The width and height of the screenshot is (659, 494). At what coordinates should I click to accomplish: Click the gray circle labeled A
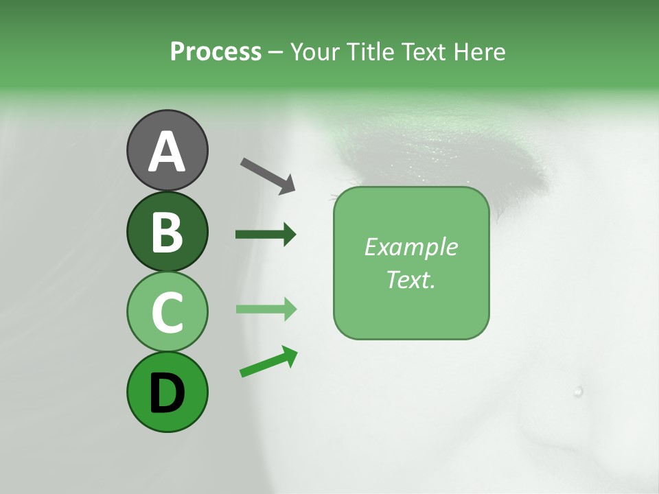tap(167, 150)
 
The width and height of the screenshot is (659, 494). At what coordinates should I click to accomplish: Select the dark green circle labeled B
tap(167, 231)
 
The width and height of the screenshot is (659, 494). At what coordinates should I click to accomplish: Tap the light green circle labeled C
tap(167, 311)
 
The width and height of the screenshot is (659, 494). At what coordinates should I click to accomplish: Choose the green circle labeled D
tap(167, 392)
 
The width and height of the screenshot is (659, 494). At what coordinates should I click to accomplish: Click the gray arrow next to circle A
tap(268, 175)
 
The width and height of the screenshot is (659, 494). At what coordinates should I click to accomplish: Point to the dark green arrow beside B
tap(266, 235)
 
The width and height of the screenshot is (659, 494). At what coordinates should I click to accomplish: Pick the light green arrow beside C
tap(266, 309)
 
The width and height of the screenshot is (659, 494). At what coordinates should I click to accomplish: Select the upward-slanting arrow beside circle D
tap(268, 362)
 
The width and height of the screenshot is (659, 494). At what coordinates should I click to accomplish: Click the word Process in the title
tap(216, 52)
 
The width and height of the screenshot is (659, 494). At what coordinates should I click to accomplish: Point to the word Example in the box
tap(411, 247)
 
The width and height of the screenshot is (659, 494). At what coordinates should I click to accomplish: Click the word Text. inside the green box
tap(411, 279)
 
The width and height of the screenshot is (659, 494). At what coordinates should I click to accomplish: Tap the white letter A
tap(167, 152)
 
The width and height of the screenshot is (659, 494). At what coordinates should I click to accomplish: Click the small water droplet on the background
tap(578, 392)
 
